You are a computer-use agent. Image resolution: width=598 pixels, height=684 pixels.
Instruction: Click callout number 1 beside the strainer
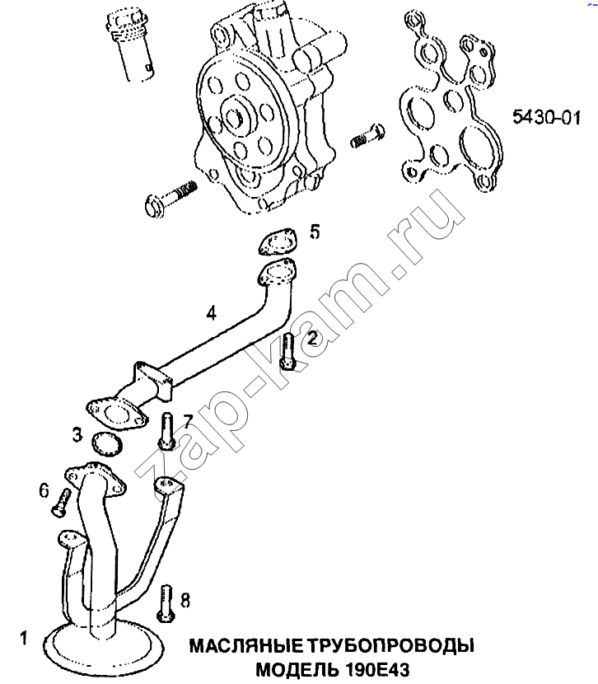(x=24, y=638)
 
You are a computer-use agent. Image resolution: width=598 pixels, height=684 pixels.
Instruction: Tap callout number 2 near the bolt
(x=312, y=339)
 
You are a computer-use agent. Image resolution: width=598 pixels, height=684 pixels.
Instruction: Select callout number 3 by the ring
(x=77, y=434)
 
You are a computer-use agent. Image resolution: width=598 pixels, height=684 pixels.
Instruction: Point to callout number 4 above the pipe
(x=211, y=313)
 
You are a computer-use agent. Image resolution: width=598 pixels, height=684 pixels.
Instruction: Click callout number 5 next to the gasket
(x=315, y=232)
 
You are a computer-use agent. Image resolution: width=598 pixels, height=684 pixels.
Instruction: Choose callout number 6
(x=44, y=490)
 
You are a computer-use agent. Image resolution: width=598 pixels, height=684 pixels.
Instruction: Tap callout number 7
(x=188, y=421)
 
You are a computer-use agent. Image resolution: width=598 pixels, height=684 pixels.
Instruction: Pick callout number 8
(x=185, y=601)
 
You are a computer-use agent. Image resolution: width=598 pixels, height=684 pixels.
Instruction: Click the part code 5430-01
(x=547, y=117)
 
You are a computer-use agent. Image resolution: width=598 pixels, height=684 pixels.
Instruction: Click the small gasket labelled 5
(x=276, y=241)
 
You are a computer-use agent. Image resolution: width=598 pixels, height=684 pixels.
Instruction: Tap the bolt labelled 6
(x=62, y=502)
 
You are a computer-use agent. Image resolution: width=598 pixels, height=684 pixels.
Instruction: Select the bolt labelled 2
(x=287, y=352)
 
